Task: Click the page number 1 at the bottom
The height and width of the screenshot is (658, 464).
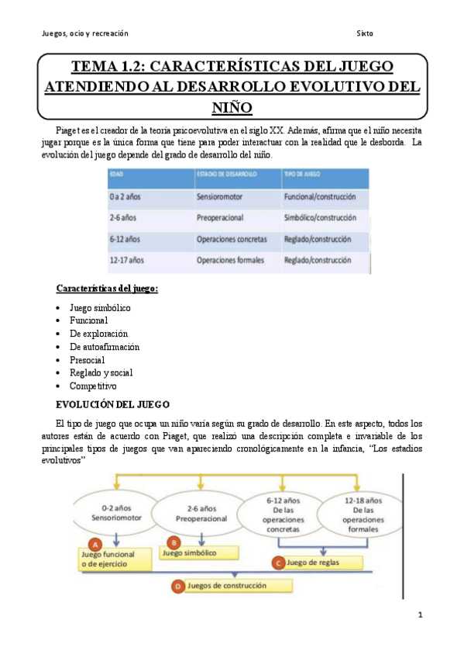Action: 419,615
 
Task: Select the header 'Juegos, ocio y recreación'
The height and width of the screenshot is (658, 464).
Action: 85,33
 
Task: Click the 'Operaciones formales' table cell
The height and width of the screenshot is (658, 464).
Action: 230,260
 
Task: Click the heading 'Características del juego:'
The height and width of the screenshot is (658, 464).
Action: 107,289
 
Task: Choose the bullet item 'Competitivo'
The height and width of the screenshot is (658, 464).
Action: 92,386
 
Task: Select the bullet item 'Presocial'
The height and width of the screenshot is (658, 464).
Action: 87,360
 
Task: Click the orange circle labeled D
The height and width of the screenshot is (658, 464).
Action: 179,587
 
